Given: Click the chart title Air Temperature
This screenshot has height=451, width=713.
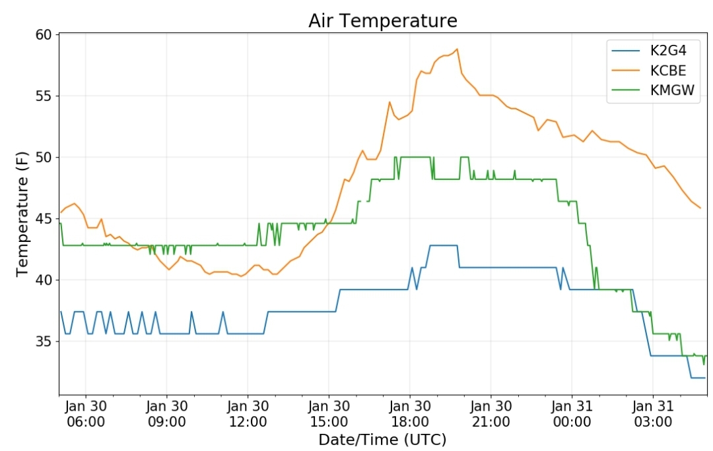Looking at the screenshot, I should point(382,20).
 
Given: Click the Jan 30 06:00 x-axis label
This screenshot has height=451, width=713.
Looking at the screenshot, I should point(85,414).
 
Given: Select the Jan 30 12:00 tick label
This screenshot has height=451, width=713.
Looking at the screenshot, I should point(248,414).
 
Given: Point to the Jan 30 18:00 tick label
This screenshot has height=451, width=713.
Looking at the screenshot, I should point(409,414).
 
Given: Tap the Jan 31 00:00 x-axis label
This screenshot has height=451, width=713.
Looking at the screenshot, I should point(572,414).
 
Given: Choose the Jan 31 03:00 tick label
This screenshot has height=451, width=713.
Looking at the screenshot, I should point(653,414).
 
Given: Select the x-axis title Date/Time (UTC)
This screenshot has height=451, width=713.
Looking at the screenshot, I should point(382,439).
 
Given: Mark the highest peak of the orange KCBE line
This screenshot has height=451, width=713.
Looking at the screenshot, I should point(457,49).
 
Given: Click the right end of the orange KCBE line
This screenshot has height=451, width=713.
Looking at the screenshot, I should point(700,208).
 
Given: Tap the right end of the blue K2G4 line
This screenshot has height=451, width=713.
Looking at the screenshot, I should point(704,378).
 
